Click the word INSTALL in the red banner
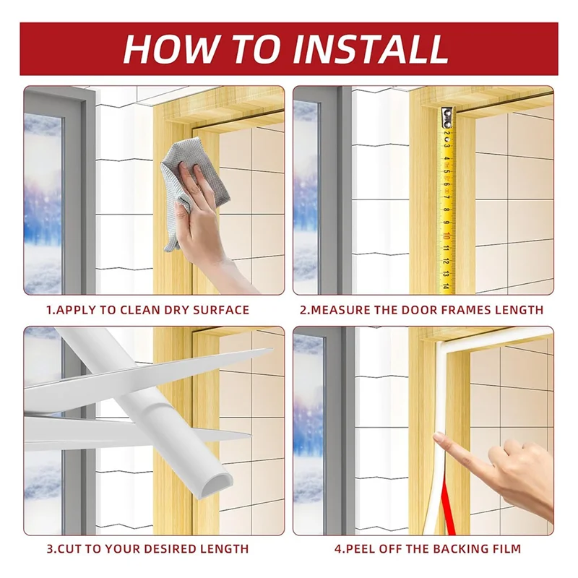(x=370, y=49)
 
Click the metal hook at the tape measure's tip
(x=447, y=116)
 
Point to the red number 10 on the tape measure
(x=446, y=236)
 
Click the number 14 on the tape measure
(x=446, y=286)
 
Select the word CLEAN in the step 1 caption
(x=140, y=310)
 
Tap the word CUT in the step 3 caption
(x=66, y=549)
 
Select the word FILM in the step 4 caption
(x=506, y=549)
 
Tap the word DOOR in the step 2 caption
(x=420, y=310)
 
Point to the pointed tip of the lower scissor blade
(x=250, y=435)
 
